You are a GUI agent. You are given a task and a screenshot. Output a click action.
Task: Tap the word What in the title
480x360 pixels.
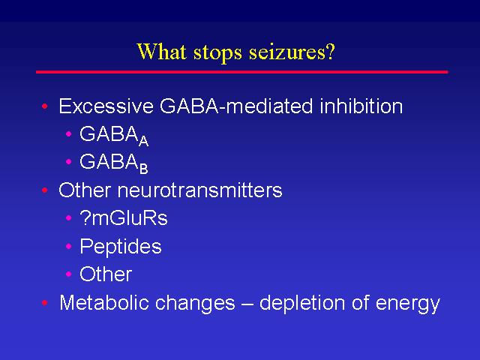pyautogui.click(x=161, y=51)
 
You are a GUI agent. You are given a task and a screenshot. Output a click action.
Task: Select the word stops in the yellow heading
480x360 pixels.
pyautogui.click(x=217, y=53)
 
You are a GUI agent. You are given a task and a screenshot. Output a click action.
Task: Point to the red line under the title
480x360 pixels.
pyautogui.click(x=241, y=72)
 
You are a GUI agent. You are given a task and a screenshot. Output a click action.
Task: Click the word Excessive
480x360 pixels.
pyautogui.click(x=106, y=106)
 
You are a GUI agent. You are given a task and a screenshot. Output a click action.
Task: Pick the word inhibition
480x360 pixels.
pyautogui.click(x=361, y=106)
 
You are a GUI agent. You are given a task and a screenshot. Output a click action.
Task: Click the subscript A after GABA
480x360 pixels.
pyautogui.click(x=143, y=141)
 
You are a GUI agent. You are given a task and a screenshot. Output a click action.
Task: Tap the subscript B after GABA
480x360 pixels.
pyautogui.click(x=143, y=169)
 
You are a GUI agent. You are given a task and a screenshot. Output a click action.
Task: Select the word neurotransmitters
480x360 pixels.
pyautogui.click(x=199, y=190)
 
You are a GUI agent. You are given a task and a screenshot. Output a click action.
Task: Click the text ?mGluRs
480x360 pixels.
pyautogui.click(x=123, y=218)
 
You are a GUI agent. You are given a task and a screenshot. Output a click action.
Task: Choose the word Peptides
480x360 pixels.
pyautogui.click(x=120, y=247)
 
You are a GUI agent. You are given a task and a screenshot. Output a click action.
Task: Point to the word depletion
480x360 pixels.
pyautogui.click(x=302, y=303)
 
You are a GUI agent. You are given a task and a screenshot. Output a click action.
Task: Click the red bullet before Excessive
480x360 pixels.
pyautogui.click(x=45, y=106)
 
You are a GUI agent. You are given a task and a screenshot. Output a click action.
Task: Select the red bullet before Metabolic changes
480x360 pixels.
pyautogui.click(x=45, y=303)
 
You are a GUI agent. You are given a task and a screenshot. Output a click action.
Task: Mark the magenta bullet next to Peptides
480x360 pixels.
pyautogui.click(x=68, y=246)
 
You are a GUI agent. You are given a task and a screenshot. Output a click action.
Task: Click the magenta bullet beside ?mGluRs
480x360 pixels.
pyautogui.click(x=68, y=218)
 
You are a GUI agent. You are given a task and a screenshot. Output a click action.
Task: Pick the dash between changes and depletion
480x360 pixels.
pyautogui.click(x=247, y=304)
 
